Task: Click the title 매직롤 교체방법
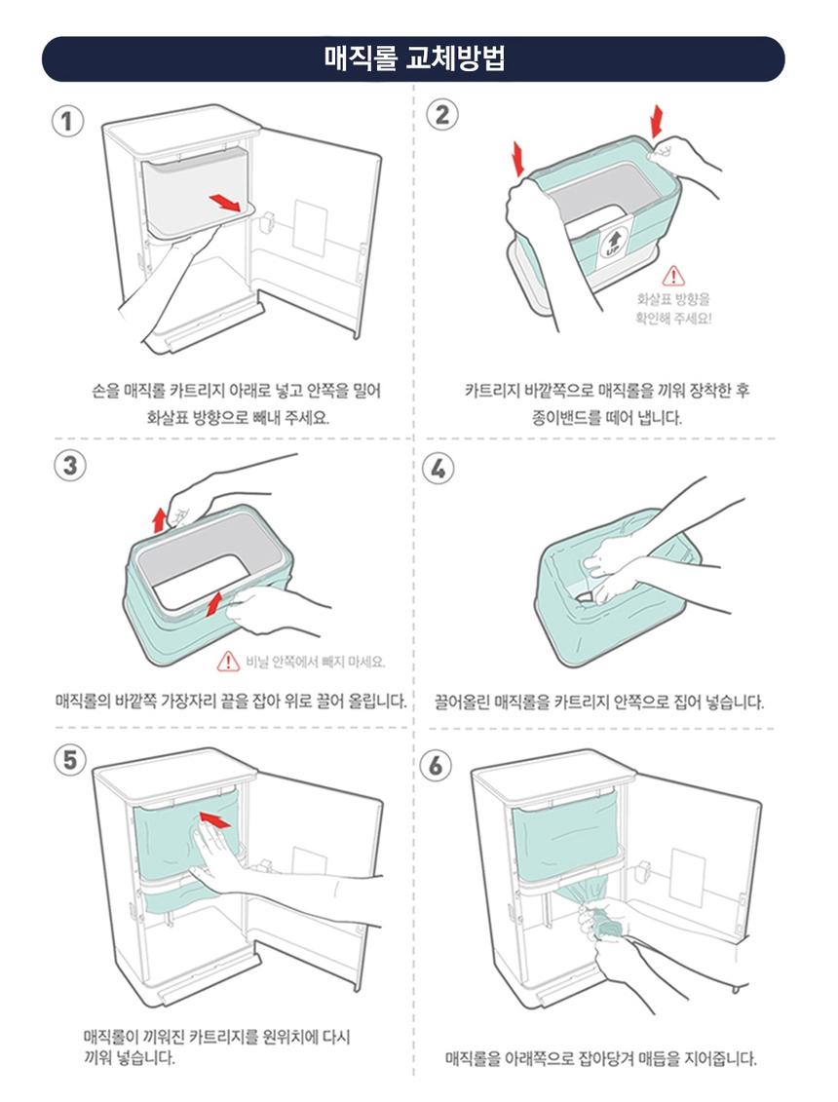point(413,59)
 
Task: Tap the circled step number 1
point(66,122)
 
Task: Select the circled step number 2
point(442,115)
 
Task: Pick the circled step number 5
point(66,760)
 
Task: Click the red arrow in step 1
point(225,201)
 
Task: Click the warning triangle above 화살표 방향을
point(673,277)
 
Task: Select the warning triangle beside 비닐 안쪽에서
point(228,662)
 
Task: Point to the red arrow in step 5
point(213,819)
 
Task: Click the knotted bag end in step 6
point(606,925)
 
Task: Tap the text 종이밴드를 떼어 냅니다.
point(606,418)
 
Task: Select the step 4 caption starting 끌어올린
point(599,702)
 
